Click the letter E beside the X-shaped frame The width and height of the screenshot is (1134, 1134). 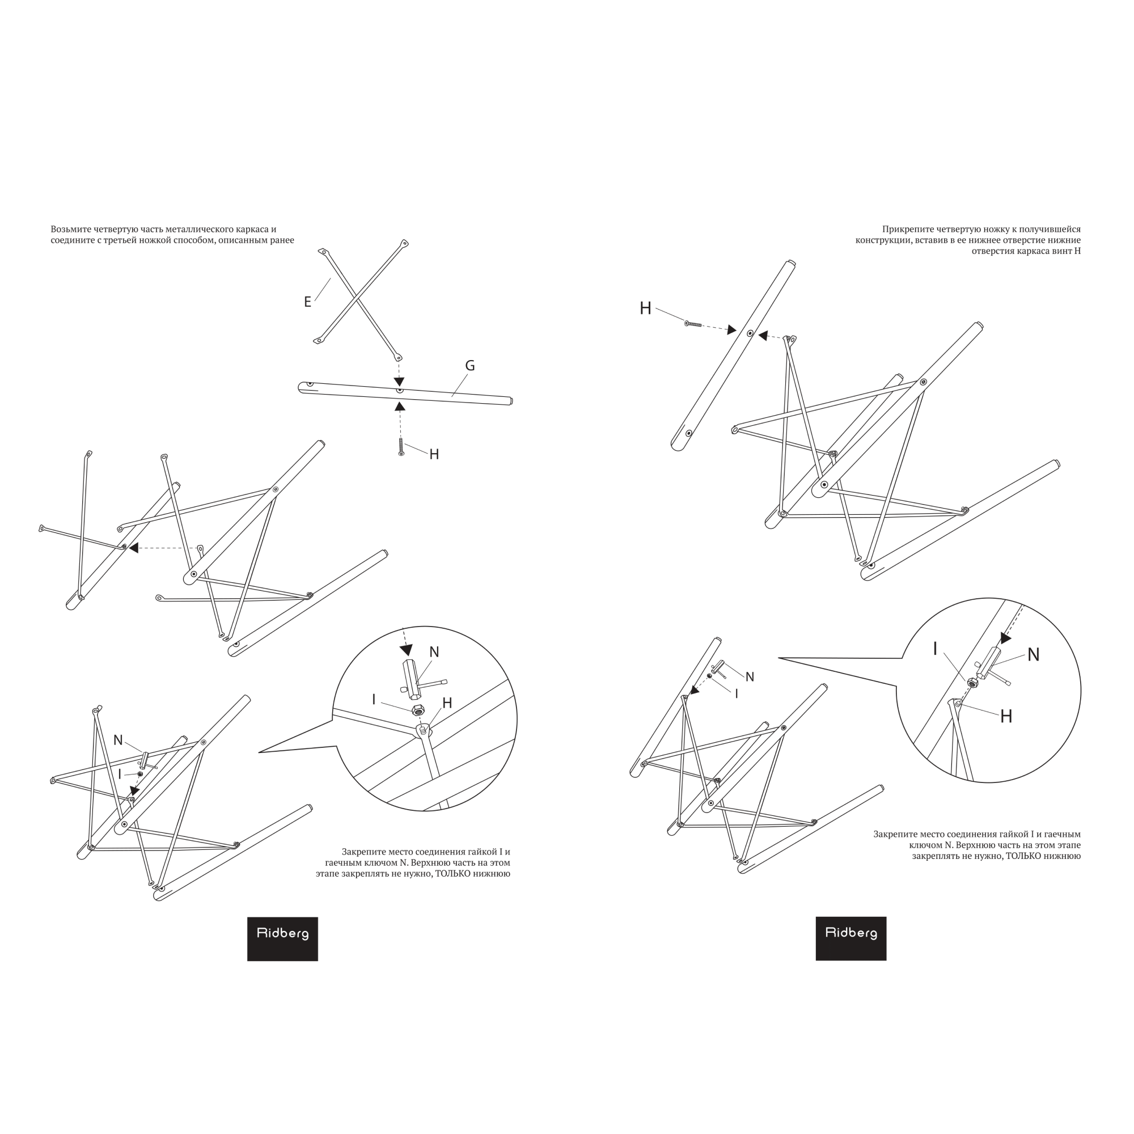click(307, 302)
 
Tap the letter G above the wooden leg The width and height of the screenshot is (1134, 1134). click(470, 366)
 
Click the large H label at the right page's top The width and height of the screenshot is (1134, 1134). click(646, 309)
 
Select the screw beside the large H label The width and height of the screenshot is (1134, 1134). click(693, 323)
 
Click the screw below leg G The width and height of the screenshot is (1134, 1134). click(401, 447)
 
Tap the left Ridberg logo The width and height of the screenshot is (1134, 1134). click(282, 939)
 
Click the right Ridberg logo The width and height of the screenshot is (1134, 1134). click(851, 938)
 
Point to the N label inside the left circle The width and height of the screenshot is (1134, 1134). click(434, 652)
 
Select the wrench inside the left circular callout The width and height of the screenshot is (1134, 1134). click(420, 681)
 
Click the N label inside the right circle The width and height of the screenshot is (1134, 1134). click(1034, 655)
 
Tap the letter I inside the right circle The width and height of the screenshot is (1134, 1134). click(935, 649)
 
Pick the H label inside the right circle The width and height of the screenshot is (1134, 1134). click(1006, 716)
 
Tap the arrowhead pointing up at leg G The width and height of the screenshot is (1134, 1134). click(400, 405)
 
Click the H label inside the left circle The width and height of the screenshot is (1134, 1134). click(447, 703)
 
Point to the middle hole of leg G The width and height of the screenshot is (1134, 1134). click(400, 390)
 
